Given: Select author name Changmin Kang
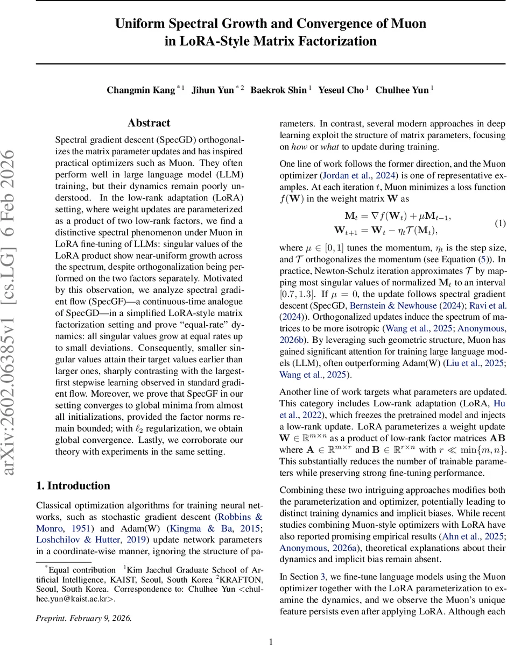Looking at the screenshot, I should coord(140,90).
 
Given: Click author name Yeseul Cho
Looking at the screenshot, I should coord(341,90).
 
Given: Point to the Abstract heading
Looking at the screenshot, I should coord(149,123).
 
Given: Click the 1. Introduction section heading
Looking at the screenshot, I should coord(73,485).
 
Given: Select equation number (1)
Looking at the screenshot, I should coord(499,223).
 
